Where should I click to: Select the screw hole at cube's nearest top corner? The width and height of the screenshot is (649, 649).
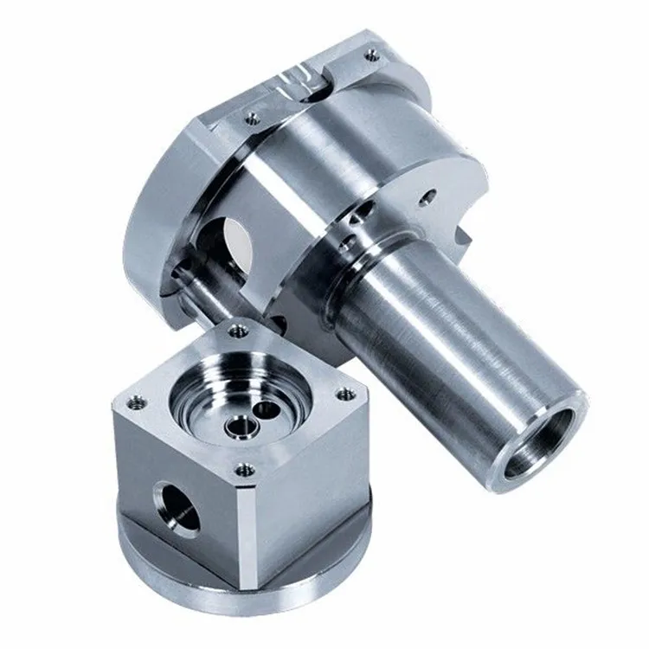[x=245, y=470]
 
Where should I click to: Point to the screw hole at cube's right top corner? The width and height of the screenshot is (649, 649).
[x=345, y=394]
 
